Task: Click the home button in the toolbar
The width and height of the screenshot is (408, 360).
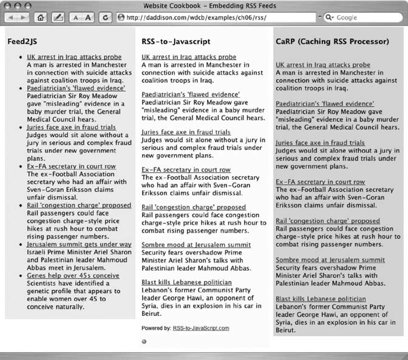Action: [41, 18]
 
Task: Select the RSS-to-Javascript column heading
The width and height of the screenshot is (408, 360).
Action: [175, 42]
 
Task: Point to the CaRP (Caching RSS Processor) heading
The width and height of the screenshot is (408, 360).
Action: [332, 42]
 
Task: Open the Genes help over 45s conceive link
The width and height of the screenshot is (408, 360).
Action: [73, 276]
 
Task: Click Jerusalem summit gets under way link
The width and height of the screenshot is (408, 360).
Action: [79, 244]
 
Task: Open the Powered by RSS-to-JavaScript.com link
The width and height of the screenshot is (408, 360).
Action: [201, 328]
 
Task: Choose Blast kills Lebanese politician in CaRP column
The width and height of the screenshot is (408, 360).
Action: [321, 299]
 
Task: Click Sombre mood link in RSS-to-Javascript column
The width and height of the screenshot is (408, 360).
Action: [186, 244]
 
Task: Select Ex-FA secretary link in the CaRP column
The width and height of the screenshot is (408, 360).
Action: [320, 182]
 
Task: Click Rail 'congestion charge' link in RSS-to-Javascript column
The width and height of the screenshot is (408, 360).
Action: [194, 207]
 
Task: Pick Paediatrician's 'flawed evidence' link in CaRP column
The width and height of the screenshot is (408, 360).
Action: [325, 104]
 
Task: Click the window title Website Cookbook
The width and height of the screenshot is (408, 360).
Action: [203, 5]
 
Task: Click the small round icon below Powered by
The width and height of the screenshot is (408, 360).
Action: [144, 341]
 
